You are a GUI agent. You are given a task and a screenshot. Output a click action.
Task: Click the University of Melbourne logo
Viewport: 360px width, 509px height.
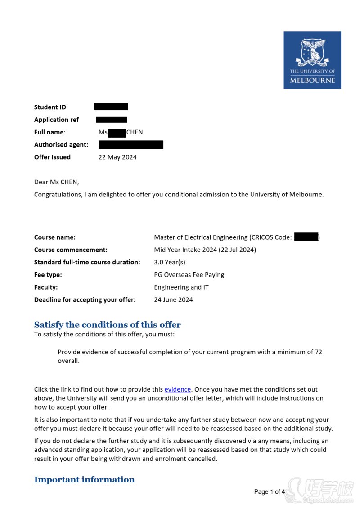[312, 60]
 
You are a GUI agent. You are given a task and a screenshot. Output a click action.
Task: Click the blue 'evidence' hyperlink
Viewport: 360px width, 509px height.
[177, 389]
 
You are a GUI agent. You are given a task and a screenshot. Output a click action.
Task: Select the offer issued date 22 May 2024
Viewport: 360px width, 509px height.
[117, 157]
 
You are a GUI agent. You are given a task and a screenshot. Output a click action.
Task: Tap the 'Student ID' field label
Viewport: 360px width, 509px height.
[50, 107]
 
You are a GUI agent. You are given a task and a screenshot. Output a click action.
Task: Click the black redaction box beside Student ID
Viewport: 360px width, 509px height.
[111, 107]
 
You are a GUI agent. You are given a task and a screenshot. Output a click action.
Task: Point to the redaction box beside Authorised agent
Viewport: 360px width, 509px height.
[131, 145]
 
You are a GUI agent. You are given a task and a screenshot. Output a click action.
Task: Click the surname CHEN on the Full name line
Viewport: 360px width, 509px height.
[135, 132]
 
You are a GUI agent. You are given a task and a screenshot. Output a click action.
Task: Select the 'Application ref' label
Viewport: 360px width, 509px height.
[56, 120]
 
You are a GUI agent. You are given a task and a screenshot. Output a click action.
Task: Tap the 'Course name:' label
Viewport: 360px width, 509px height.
[55, 237]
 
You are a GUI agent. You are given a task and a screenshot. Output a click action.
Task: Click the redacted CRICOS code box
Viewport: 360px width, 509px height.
[306, 237]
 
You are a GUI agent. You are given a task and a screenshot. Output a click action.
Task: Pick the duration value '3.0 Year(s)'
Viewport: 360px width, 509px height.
[170, 262]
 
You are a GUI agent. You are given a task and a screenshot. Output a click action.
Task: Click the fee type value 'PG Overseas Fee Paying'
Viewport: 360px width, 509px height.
[189, 275]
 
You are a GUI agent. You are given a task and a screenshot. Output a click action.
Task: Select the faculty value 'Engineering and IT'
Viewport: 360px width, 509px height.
[181, 287]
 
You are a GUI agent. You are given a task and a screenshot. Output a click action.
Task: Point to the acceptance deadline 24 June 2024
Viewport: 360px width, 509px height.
[173, 299]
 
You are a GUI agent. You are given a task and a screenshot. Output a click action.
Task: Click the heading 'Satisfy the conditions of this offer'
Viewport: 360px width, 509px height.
[108, 325]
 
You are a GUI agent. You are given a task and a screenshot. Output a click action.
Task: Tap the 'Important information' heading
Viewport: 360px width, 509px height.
[84, 479]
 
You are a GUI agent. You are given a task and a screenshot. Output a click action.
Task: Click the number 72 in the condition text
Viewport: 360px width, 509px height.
[318, 352]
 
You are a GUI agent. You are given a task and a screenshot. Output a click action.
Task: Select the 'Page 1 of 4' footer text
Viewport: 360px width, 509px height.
[270, 491]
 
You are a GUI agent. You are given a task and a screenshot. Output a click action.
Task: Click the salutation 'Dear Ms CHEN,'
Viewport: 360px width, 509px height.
[56, 182]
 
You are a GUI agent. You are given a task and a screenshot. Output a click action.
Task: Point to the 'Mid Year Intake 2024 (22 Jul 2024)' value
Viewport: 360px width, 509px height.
[205, 250]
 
